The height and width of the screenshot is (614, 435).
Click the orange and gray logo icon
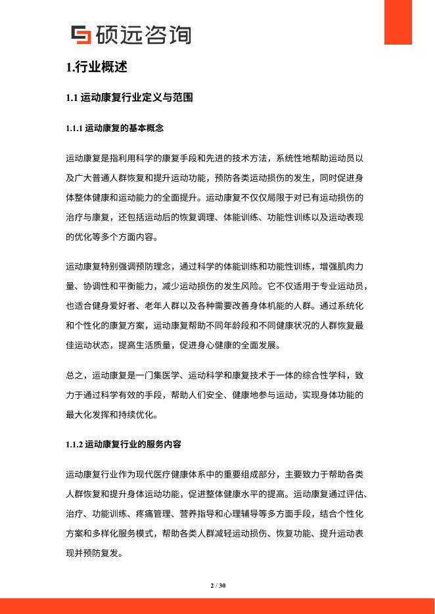[81, 35]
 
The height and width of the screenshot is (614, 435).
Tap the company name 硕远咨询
[143, 35]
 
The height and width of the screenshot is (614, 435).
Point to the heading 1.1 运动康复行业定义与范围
[129, 98]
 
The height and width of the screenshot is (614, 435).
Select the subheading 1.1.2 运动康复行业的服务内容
[124, 445]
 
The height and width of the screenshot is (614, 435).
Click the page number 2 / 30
[217, 585]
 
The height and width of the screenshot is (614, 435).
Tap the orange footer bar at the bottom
[217, 605]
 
